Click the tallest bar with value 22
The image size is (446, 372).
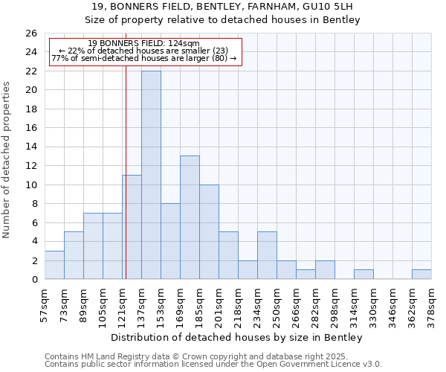pyautogui.click(x=151, y=175)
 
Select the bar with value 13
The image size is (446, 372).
pyautogui.click(x=190, y=217)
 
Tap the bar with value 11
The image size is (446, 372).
pyautogui.click(x=132, y=227)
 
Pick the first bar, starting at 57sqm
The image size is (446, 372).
pyautogui.click(x=54, y=265)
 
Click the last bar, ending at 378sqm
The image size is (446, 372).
pyautogui.click(x=421, y=274)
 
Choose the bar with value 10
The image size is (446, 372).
pyautogui.click(x=209, y=231)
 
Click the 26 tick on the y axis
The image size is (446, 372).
pyautogui.click(x=31, y=33)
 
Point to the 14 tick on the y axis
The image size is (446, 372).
pyautogui.click(x=31, y=147)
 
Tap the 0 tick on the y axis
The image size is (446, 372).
pyautogui.click(x=34, y=279)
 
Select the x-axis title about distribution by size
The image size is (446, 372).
pyautogui.click(x=236, y=337)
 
